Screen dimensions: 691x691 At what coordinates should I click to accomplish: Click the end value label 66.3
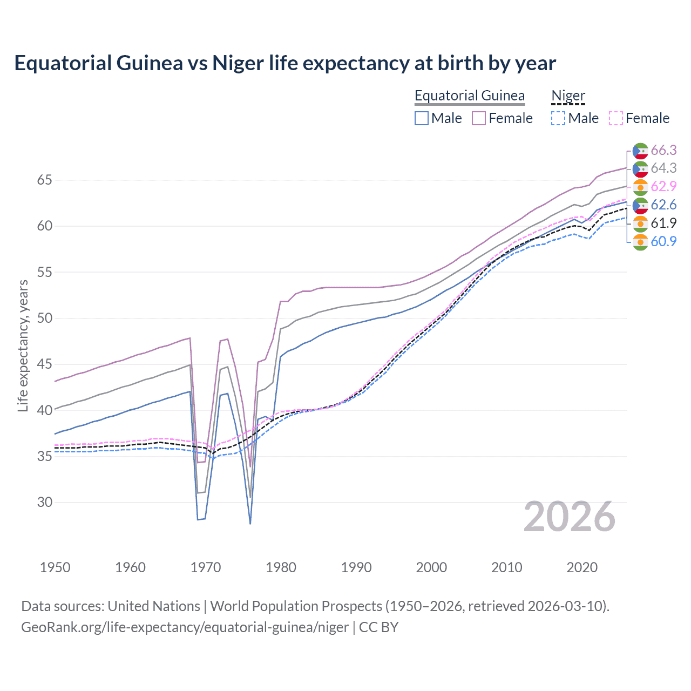(x=663, y=150)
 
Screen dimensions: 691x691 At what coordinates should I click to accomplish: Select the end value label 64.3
(x=663, y=168)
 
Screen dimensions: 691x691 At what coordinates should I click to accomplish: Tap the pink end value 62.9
(x=663, y=186)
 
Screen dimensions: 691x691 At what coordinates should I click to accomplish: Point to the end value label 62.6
(x=663, y=205)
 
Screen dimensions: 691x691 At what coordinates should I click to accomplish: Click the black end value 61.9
(x=663, y=223)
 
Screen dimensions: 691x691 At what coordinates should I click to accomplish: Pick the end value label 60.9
(x=663, y=241)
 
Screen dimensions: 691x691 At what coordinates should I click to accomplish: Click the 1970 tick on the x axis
(x=206, y=567)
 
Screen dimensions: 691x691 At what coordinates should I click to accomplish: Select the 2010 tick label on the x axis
(x=506, y=567)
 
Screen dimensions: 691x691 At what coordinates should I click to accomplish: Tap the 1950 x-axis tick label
(x=55, y=567)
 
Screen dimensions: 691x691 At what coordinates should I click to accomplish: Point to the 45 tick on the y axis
(x=45, y=364)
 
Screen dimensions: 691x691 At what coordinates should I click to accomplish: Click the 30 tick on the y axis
(x=45, y=502)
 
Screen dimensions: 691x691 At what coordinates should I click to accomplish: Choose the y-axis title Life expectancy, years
(x=23, y=345)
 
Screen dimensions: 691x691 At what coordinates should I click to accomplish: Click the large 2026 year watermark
(x=570, y=517)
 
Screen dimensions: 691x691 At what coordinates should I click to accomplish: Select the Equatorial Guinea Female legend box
(x=479, y=118)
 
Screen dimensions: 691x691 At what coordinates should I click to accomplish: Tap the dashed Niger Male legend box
(x=558, y=118)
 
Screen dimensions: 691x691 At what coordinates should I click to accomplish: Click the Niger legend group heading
(x=568, y=96)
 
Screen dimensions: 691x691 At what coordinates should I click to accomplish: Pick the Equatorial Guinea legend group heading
(x=469, y=96)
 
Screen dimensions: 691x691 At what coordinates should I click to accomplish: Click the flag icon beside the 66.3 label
(x=640, y=151)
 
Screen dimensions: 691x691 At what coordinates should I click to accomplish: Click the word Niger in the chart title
(x=238, y=63)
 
